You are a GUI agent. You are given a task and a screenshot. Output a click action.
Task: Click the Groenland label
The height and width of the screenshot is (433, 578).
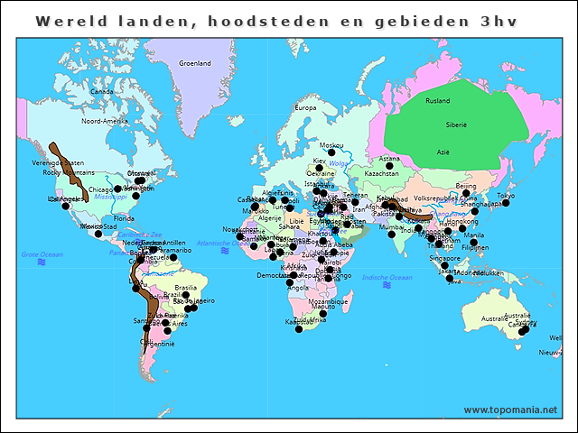coord(194,63)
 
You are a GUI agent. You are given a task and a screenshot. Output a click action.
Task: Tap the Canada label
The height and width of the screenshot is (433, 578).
coord(102,91)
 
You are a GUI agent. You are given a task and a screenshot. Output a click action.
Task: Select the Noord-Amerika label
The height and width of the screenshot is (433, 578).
coord(105,120)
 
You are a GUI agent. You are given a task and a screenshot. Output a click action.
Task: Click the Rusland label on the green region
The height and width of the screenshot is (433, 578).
coord(438,101)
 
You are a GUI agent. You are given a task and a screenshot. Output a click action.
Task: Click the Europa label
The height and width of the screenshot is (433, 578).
coord(306,108)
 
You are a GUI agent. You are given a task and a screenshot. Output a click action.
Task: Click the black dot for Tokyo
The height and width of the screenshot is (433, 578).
coord(506,204)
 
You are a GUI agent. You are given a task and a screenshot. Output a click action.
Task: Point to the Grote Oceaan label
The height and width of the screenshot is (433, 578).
coord(41,255)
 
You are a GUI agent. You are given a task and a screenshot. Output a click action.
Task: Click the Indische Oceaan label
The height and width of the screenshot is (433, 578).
coord(387,277)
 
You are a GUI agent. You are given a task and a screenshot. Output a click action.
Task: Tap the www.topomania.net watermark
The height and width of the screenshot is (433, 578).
coord(510,410)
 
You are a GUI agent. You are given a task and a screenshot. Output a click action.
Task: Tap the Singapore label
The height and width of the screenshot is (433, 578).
coord(444,258)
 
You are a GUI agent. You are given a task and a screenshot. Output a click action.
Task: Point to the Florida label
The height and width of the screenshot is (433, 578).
coord(124,218)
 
